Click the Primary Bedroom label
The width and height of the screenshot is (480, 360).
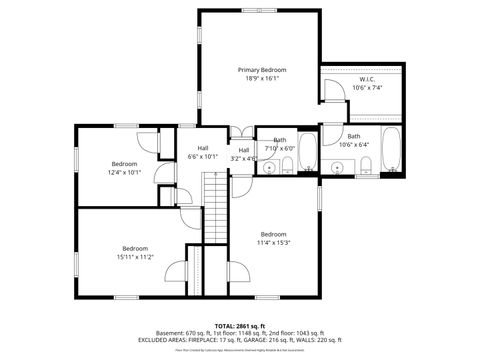click(x=262, y=70)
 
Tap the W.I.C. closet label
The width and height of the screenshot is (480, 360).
click(x=367, y=79)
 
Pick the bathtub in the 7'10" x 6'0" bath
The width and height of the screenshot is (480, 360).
click(x=307, y=152)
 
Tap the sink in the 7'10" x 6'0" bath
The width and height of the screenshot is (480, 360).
click(x=268, y=167)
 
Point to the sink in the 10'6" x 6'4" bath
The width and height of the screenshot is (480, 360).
click(x=338, y=166)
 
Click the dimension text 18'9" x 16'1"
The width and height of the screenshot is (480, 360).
click(x=262, y=78)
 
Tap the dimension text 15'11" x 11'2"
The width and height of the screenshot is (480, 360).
click(x=135, y=256)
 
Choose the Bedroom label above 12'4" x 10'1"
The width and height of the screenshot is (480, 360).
click(x=124, y=163)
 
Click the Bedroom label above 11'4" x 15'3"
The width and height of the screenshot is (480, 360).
click(x=273, y=234)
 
